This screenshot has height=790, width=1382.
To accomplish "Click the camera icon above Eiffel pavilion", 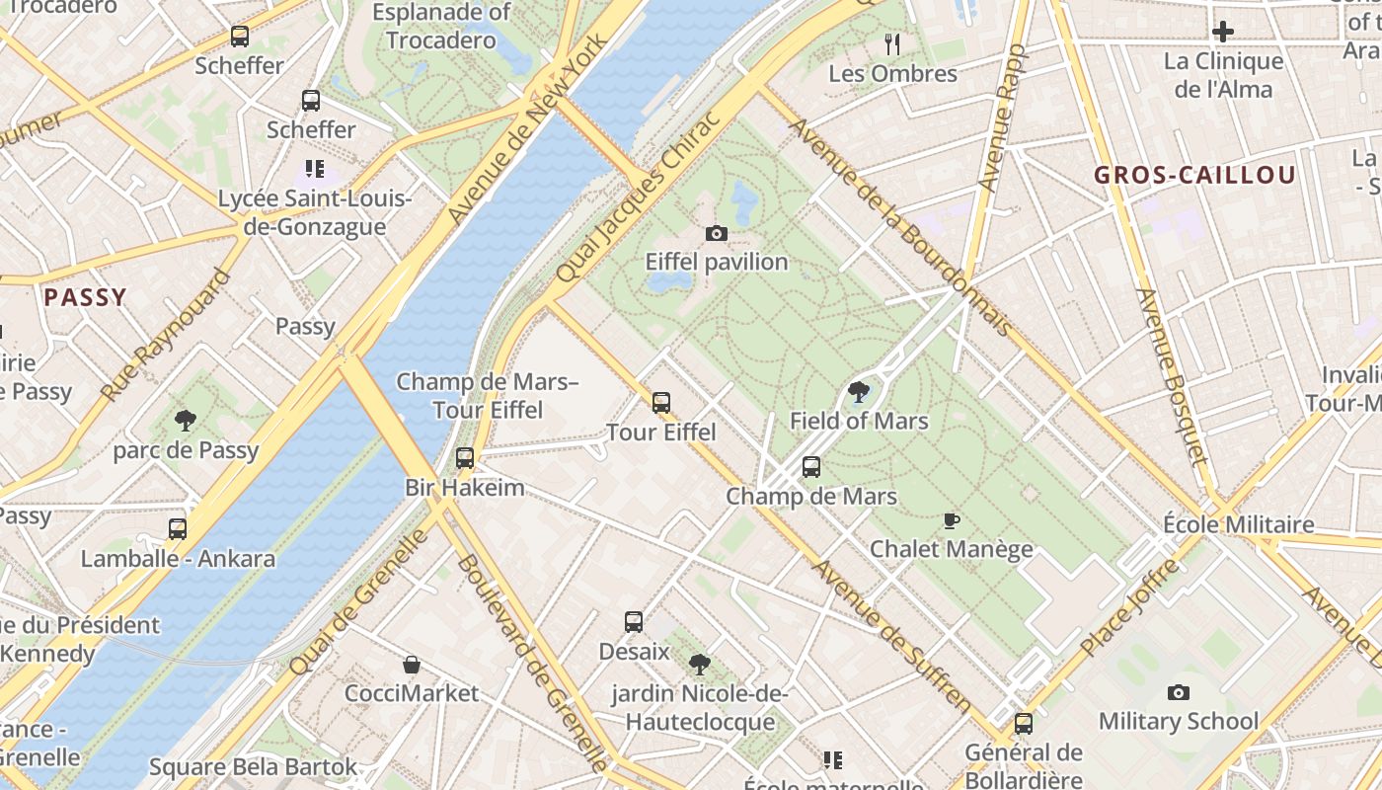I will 717,234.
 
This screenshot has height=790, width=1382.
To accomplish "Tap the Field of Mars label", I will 859,421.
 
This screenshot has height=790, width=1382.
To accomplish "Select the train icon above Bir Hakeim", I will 464,458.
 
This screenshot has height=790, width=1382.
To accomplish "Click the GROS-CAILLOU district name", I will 1194,176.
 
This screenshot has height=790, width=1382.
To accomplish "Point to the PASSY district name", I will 86,297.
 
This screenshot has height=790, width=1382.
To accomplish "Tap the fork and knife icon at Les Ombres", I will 892,44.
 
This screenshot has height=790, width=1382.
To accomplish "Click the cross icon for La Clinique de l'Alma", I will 1223,32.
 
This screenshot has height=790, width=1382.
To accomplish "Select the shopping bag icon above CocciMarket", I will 412,665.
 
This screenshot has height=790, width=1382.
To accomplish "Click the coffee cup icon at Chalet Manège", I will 952,520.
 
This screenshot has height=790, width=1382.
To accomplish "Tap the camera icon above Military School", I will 1178,693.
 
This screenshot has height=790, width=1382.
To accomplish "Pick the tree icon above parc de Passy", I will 185,422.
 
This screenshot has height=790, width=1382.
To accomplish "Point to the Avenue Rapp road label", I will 1003,118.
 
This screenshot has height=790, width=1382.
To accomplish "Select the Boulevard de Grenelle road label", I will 532,663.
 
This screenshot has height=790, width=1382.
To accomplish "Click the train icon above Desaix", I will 634,622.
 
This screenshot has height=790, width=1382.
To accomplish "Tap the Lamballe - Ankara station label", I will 178,558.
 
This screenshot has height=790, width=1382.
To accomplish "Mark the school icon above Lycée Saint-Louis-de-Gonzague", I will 314,169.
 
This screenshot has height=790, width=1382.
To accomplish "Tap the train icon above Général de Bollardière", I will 1024,724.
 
